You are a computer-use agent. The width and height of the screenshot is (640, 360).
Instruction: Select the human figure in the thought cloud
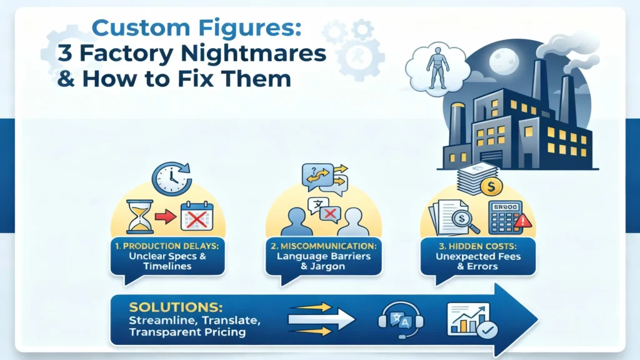437,67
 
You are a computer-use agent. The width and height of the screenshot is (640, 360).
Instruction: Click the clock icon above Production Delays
171,179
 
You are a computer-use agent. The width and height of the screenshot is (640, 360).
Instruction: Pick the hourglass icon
139,216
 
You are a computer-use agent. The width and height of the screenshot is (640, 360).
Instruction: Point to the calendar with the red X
197,216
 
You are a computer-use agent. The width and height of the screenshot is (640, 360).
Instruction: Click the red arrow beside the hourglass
166,217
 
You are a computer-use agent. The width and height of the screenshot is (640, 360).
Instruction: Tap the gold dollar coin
491,187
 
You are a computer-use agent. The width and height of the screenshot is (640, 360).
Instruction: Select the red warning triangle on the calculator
523,221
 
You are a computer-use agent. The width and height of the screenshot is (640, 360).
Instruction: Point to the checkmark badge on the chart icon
487,330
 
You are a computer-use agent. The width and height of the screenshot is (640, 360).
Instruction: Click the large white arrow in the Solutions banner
321,319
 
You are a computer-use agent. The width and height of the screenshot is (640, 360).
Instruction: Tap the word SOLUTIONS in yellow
176,307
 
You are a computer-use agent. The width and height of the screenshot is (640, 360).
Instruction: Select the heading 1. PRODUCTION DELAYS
167,246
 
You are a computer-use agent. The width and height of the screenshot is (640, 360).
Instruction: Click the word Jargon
328,267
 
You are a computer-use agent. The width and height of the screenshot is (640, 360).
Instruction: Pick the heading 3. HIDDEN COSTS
477,246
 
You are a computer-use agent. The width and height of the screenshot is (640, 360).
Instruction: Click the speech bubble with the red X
330,214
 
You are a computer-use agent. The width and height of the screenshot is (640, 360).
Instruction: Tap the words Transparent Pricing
187,332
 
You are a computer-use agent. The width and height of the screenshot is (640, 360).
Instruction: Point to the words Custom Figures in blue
196,27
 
